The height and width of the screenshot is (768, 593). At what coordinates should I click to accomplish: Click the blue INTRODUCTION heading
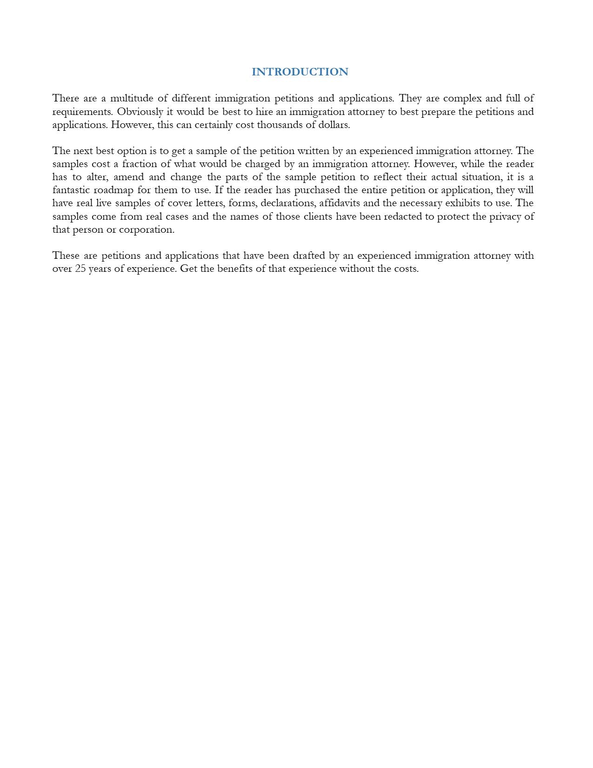pos(300,72)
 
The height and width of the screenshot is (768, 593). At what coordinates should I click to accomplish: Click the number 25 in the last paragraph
pos(80,269)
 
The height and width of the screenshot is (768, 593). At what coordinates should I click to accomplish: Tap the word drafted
pos(309,256)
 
